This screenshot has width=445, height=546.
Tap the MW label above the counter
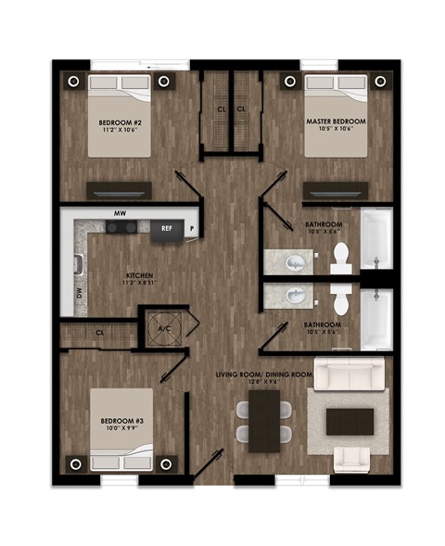pyautogui.click(x=118, y=213)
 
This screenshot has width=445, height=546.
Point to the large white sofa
pyautogui.click(x=350, y=375)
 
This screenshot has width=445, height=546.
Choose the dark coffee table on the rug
pyautogui.click(x=350, y=419)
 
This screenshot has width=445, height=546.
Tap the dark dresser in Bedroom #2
pyautogui.click(x=119, y=188)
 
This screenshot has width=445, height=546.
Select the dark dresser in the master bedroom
pyautogui.click(x=336, y=188)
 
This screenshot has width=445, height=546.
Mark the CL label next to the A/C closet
pyautogui.click(x=99, y=332)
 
